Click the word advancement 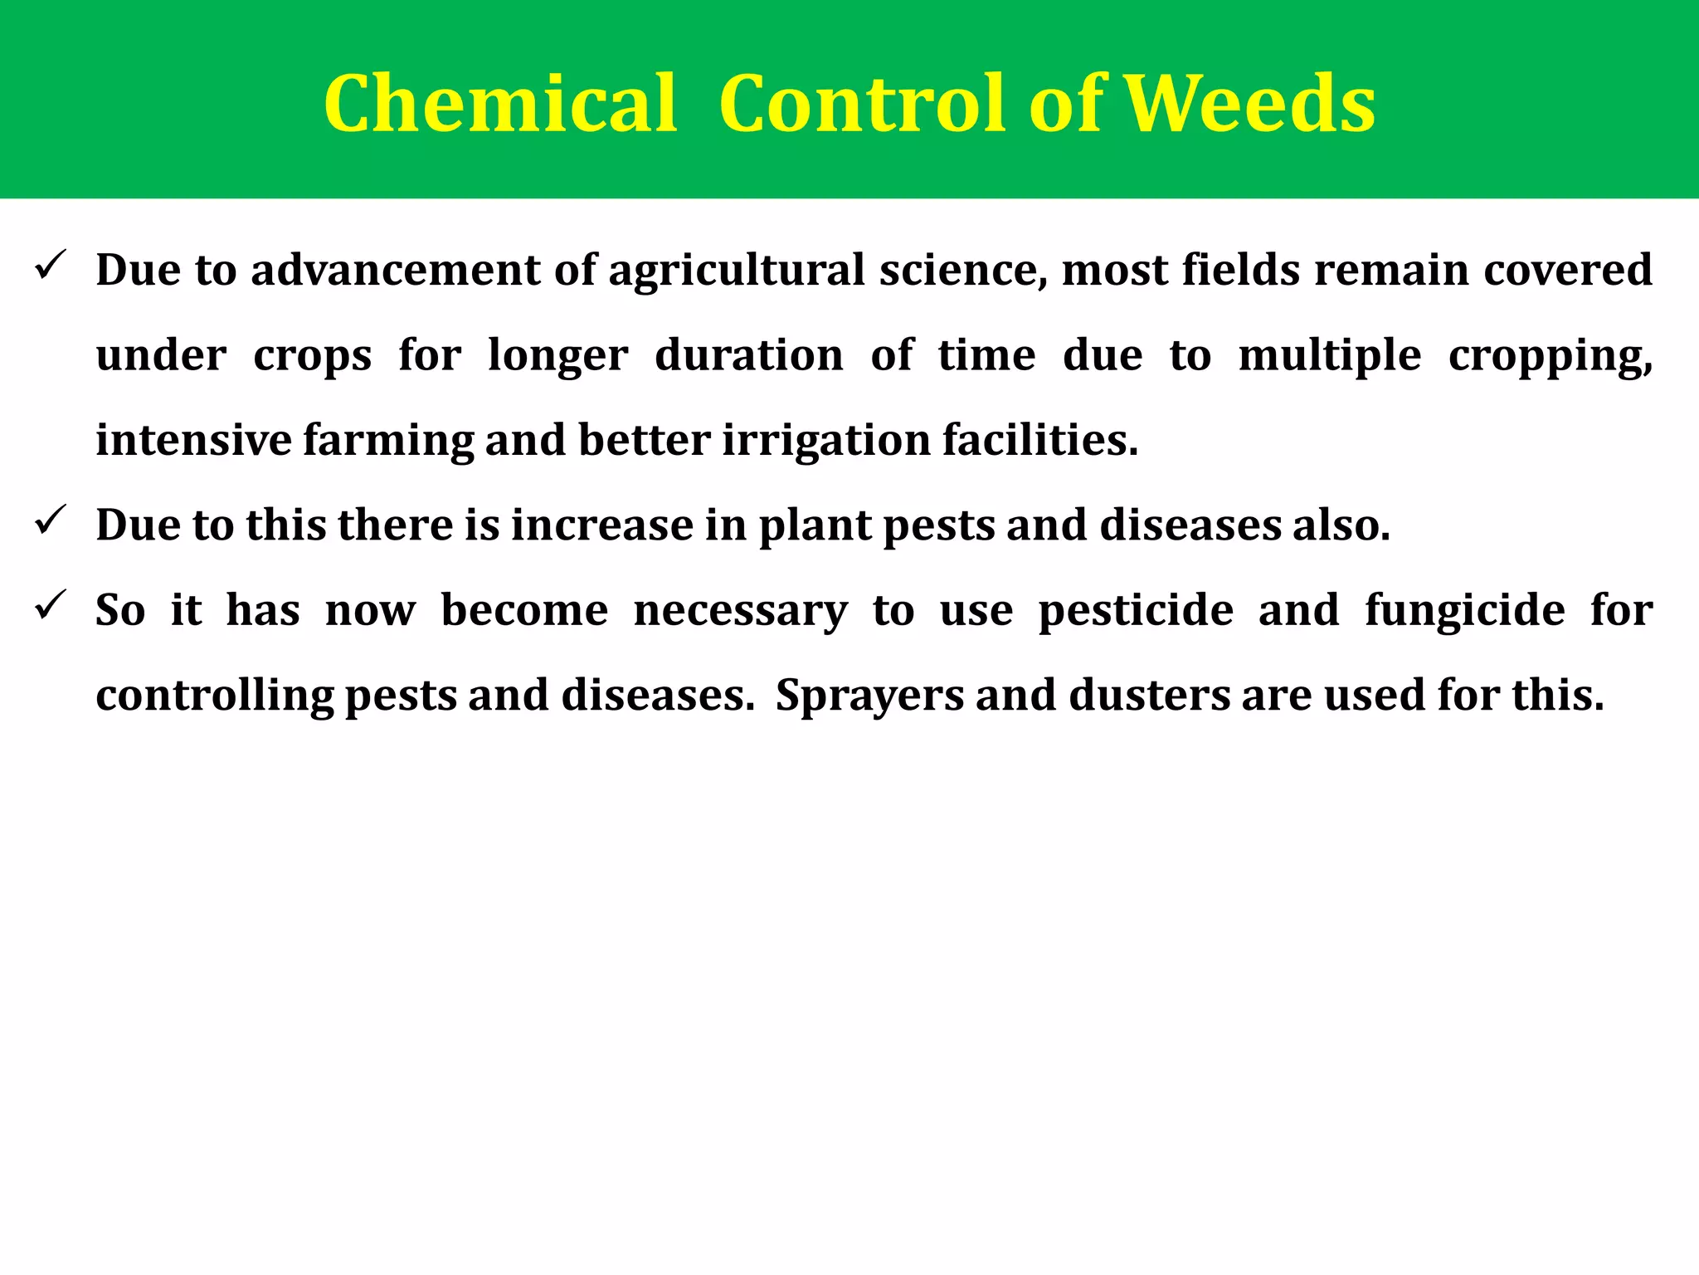pos(395,271)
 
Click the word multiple pos(1329,357)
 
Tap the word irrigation pos(826,442)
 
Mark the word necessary pos(740,611)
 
